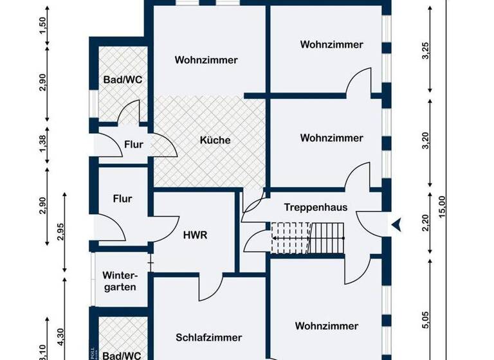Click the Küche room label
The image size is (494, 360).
[x=215, y=140]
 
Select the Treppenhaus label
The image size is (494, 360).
[x=316, y=207]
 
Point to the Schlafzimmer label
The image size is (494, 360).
[x=208, y=337]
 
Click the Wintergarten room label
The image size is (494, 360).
[x=120, y=279]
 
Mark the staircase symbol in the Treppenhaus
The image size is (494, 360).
[x=307, y=237]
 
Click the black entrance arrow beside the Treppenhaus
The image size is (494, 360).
[x=396, y=224]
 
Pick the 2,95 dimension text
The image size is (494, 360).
[x=60, y=230]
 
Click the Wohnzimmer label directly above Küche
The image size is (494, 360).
[x=206, y=60]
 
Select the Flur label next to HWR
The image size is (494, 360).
[x=122, y=199]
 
